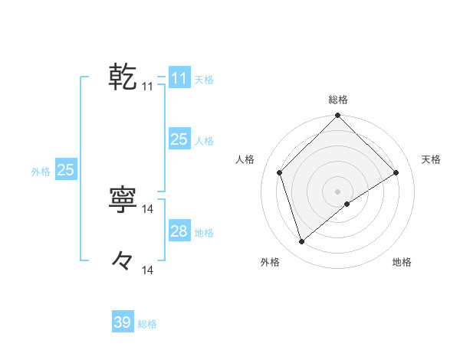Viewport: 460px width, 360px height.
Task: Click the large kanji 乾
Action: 123,77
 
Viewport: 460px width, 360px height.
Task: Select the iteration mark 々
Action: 123,261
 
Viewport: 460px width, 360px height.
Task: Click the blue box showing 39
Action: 123,322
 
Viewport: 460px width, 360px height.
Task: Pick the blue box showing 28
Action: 179,231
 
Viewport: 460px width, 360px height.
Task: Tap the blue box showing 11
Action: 179,78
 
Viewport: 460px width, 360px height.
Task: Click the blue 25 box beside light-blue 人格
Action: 179,139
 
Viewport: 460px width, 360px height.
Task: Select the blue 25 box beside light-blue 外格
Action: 65,170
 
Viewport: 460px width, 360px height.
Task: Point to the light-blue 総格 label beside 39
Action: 147,324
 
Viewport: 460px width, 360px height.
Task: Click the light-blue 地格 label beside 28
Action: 204,233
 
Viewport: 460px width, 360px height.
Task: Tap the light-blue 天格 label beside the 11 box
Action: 204,80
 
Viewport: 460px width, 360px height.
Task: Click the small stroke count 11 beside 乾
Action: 148,87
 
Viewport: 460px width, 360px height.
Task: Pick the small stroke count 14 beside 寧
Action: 148,208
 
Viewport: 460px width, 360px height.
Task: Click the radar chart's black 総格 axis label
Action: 338,100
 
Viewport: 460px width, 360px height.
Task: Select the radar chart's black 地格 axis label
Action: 402,263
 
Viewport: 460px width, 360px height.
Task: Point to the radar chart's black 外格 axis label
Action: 270,263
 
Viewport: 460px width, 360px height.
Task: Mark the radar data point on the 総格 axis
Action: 337,116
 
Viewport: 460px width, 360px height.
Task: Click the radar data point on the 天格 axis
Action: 396,172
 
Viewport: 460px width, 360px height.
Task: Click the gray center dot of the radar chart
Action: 337,191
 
